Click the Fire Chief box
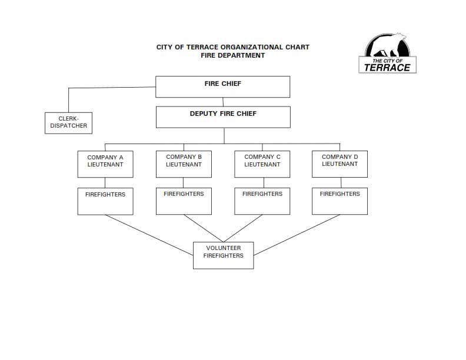point(222,86)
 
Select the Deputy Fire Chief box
point(223,117)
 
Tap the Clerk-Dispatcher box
point(68,123)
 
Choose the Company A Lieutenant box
point(105,164)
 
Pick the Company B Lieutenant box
point(184,164)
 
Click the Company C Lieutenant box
point(262,164)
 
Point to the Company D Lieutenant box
point(339,164)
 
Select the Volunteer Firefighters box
point(224,255)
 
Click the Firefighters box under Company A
point(105,201)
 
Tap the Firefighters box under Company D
point(339,201)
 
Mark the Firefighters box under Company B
point(184,201)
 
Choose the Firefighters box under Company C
point(262,201)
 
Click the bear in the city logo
point(390,45)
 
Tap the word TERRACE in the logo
point(387,68)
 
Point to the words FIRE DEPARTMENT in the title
point(232,55)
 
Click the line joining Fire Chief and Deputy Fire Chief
point(223,102)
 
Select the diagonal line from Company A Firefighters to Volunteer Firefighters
point(149,235)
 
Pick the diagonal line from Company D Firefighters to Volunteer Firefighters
point(297,235)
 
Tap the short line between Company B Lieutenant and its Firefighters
point(183,183)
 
